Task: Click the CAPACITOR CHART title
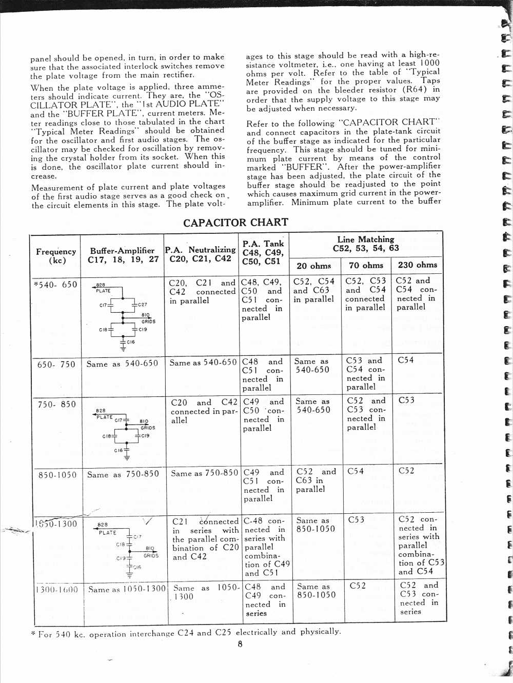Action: click(235, 223)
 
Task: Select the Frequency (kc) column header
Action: click(56, 256)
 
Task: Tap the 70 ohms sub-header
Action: click(366, 265)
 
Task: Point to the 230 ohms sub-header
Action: click(418, 265)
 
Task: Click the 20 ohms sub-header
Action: click(314, 266)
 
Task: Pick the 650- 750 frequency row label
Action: click(56, 365)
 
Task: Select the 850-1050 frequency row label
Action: click(57, 475)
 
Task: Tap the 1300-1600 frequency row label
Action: click(56, 590)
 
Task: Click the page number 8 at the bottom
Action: click(240, 644)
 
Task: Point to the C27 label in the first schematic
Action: click(142, 305)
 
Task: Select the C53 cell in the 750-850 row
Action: click(406, 400)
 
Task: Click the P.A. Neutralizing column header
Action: click(201, 254)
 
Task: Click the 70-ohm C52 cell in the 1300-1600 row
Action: click(358, 586)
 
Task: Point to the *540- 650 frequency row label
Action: click(55, 285)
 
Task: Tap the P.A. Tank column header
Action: click(263, 252)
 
